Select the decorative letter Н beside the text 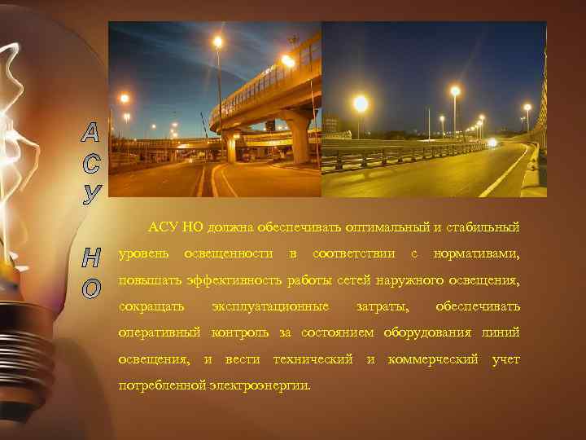93,258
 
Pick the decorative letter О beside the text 93,288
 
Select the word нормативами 477,253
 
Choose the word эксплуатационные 270,306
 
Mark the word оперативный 161,333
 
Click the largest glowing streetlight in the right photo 361,103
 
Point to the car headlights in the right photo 492,143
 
